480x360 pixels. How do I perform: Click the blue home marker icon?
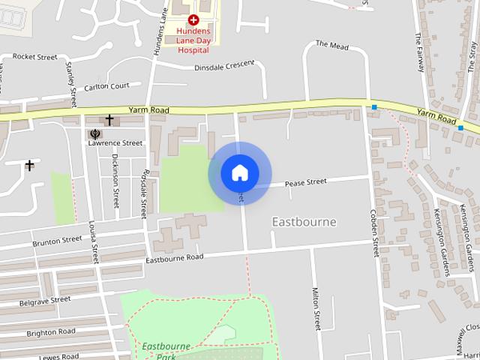coord(240,173)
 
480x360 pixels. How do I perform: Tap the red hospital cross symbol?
coord(193,19)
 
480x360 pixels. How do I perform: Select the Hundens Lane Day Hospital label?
coord(193,40)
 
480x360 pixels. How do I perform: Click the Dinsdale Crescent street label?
coord(214,66)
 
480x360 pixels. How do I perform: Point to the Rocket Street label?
coord(35,57)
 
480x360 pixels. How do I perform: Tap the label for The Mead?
coord(332,46)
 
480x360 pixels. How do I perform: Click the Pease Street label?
coord(306,182)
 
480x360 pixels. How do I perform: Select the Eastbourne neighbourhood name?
coord(304,222)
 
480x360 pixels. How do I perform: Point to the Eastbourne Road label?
coord(174,257)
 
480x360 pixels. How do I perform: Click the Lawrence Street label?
coord(115,142)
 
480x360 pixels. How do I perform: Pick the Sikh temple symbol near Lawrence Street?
coord(95,135)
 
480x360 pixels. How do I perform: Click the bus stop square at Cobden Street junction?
coord(373,109)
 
